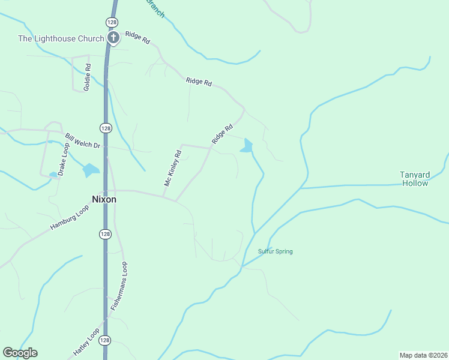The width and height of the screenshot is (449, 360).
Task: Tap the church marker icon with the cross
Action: [113, 38]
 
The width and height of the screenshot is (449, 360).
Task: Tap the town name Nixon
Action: [103, 199]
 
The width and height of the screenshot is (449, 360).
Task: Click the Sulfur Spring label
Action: [275, 251]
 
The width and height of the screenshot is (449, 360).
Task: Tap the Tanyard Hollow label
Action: [414, 179]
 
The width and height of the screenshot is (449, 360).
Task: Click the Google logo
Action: [20, 353]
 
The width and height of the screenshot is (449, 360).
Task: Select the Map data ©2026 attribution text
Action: [423, 355]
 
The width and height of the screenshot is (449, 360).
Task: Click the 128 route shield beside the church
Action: [112, 22]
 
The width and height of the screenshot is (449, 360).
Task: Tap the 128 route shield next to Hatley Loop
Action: [104, 340]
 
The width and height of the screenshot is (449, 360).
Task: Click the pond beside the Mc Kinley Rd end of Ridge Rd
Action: [247, 146]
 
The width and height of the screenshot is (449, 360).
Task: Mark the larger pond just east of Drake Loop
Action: [91, 170]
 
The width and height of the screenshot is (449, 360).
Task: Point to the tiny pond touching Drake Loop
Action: [53, 175]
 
